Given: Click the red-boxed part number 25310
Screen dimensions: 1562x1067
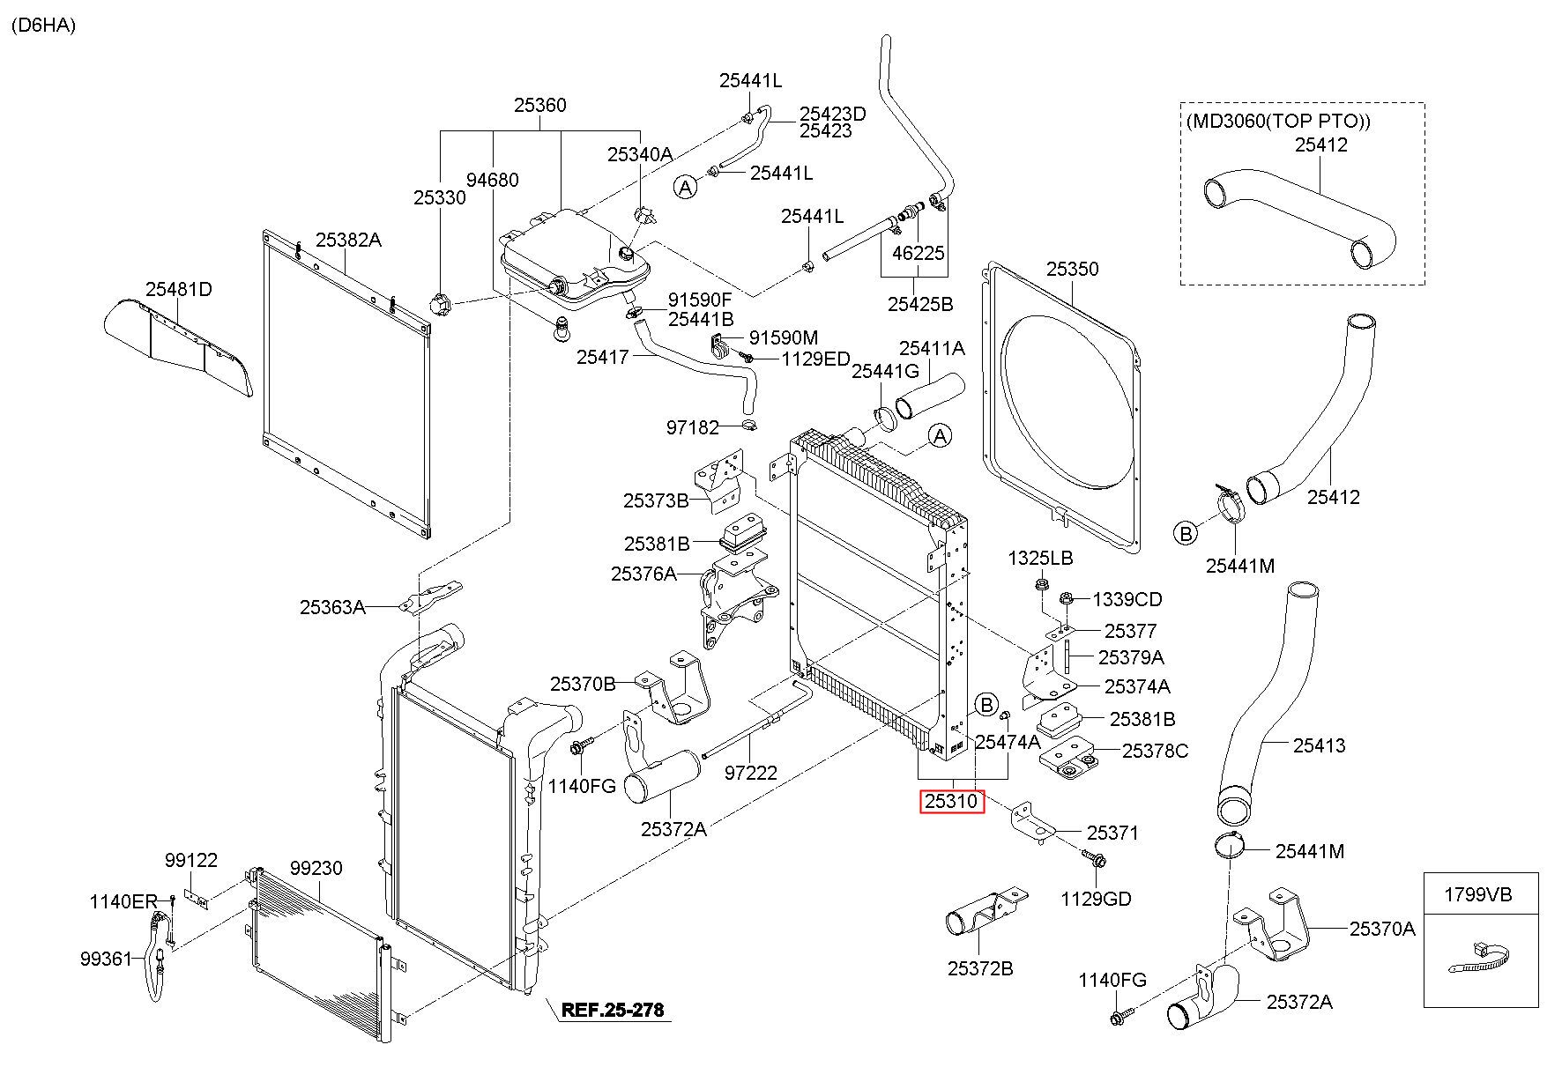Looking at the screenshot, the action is [x=952, y=802].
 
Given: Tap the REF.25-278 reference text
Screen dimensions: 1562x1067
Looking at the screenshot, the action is [x=613, y=1009].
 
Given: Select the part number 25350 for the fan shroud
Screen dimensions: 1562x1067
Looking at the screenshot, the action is [x=1072, y=269].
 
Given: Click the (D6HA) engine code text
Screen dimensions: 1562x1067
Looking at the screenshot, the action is [x=43, y=25].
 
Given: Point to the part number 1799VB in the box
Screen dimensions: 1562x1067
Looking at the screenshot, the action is [x=1481, y=895].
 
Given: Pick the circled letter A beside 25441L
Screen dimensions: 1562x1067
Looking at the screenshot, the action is [x=686, y=187].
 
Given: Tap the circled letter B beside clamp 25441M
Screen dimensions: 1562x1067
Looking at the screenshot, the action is [x=1186, y=533].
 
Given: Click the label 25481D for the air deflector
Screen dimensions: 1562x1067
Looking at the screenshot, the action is [x=179, y=289].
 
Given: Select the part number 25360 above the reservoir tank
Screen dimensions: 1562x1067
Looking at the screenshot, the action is [x=540, y=106].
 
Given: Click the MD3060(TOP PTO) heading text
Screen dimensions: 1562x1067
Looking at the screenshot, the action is [x=1278, y=122].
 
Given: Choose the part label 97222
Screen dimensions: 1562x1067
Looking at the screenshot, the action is [x=751, y=773].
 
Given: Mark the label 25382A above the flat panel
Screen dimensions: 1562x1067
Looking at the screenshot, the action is [x=348, y=240].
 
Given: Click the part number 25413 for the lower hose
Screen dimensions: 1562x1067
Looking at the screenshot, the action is [x=1320, y=746].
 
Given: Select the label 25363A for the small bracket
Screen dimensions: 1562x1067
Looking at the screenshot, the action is [x=332, y=607].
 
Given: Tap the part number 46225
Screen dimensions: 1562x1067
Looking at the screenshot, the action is [x=919, y=254].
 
